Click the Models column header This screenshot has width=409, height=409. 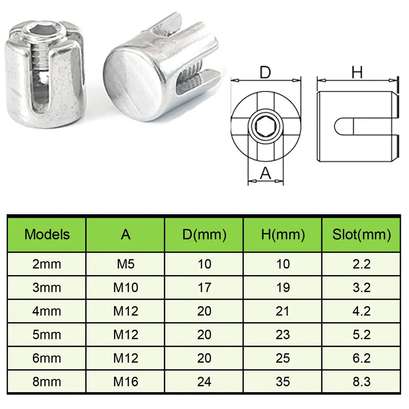pos(47,235)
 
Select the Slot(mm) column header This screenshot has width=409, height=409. pos(361,235)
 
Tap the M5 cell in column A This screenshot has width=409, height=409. pos(126,264)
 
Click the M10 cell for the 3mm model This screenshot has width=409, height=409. pos(126,287)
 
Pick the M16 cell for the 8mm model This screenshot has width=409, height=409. pos(126,381)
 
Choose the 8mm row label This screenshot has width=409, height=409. pos(47,381)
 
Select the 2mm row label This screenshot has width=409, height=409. pos(47,264)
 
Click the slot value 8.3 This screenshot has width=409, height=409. pos(361,381)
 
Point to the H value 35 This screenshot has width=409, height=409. pos(282,381)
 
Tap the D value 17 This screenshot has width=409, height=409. pos(204,287)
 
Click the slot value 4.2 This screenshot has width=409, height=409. pos(361,311)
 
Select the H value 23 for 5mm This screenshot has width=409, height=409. pos(282,334)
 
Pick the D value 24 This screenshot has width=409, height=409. pos(204,381)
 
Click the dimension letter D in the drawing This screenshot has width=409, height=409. pos(265,73)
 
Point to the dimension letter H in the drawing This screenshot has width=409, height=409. pos(357,73)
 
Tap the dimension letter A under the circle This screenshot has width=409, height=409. pos(265,174)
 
